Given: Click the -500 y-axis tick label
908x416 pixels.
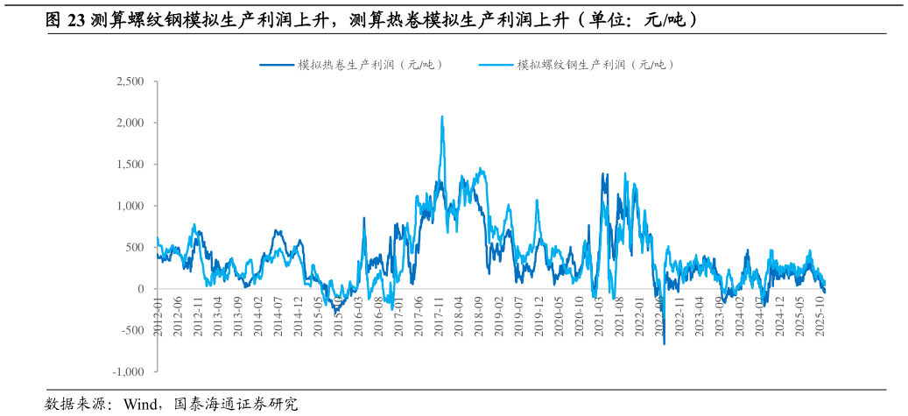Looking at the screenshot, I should (x=132, y=330).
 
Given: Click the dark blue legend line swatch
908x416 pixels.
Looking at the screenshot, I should (x=277, y=64).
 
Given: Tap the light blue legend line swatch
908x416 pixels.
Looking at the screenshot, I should (x=496, y=64).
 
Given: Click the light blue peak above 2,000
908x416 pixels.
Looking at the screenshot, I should (x=442, y=116).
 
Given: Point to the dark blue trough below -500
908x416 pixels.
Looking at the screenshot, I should (x=664, y=343).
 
